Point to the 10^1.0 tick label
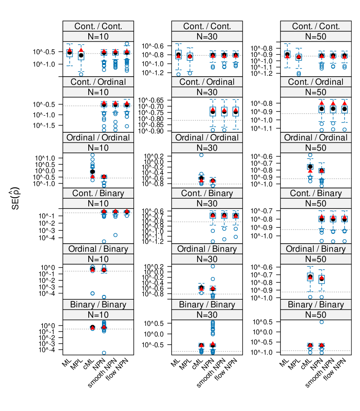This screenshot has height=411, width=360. pyautogui.click(x=48, y=158)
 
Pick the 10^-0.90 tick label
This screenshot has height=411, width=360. pyautogui.click(x=156, y=131)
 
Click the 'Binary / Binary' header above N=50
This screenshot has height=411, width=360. pyautogui.click(x=315, y=305)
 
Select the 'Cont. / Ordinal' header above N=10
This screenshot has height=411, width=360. pyautogui.click(x=98, y=82)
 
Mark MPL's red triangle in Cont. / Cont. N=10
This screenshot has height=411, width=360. pyautogui.click(x=81, y=50)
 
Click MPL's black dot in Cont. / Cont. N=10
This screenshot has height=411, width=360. pyautogui.click(x=81, y=55)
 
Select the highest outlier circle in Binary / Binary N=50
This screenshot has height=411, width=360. pyautogui.click(x=321, y=322)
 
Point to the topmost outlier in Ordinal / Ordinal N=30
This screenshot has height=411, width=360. pyautogui.click(x=201, y=155)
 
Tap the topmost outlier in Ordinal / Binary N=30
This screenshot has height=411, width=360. pyautogui.click(x=213, y=266)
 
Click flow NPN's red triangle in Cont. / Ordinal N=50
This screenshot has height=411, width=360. pyautogui.click(x=345, y=103)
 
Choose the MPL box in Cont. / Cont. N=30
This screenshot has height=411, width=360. pyautogui.click(x=190, y=56)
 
